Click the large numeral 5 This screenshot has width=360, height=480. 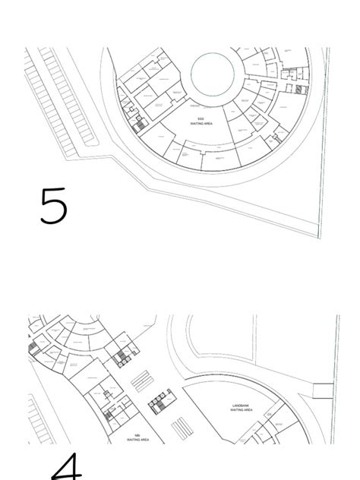(53, 206)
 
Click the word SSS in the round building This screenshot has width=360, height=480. (201, 118)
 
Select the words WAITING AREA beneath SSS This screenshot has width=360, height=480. (201, 123)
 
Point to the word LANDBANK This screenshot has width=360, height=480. (241, 406)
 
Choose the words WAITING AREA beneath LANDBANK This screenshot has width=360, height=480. (241, 410)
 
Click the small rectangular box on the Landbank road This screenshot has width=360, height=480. (322, 391)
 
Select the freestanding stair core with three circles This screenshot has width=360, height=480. (160, 403)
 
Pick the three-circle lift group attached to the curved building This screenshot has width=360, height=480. (118, 358)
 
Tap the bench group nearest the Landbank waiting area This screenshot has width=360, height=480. (180, 429)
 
